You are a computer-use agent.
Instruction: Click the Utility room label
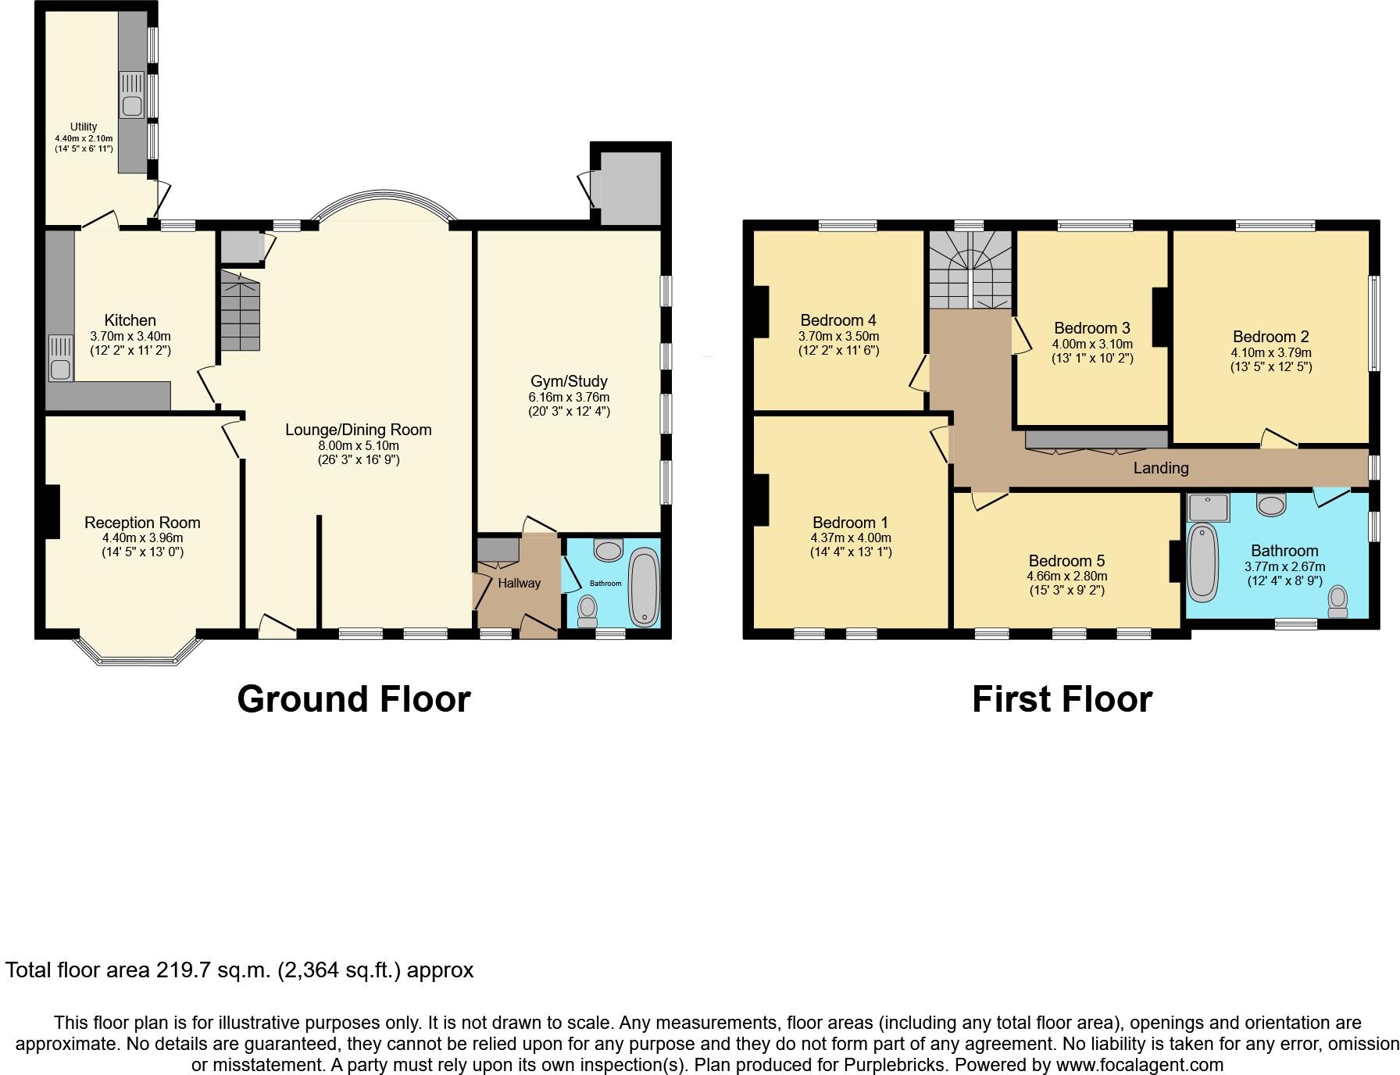point(84,127)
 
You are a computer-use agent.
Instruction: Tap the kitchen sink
point(60,359)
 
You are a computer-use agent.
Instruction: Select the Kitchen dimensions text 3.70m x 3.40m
point(130,337)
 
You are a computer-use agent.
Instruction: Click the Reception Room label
point(142,523)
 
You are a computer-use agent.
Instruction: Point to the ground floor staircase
point(239,311)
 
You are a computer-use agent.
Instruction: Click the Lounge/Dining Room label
point(358,430)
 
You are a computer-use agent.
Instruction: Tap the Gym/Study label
point(569,381)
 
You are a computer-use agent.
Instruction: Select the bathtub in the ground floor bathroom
point(645,587)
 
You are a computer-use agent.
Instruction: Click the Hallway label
point(519,583)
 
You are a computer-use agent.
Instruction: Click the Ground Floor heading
point(354,699)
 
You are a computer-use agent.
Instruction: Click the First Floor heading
point(1062,699)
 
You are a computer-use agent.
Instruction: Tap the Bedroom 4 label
point(838,320)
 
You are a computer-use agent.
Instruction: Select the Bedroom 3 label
point(1091,328)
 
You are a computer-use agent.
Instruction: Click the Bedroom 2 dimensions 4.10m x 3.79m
point(1271,352)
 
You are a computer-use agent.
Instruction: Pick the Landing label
point(1161,468)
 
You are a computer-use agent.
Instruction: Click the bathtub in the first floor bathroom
point(1203,562)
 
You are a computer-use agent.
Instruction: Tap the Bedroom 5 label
point(1066,561)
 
